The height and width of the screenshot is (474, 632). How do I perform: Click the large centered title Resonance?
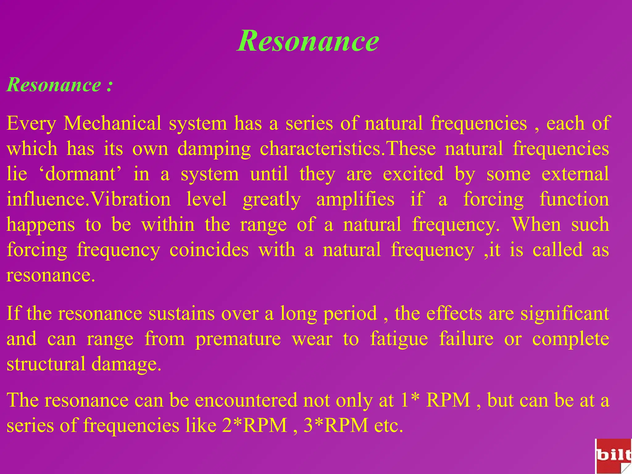308,41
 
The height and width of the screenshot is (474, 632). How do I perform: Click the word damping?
214,149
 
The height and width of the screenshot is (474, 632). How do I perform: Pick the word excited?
413,174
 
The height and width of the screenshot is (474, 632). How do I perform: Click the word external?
575,174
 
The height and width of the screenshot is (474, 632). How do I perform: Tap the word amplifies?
355,200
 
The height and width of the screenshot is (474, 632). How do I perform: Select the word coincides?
209,250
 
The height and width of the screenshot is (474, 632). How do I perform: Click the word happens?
41,225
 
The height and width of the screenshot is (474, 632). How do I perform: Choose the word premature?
238,339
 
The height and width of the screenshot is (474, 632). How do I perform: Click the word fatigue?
399,339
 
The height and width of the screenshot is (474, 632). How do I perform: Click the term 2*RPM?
254,426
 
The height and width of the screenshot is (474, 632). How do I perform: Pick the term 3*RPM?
336,426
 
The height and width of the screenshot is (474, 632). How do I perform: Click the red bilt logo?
613,456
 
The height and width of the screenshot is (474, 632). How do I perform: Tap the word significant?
565,314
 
